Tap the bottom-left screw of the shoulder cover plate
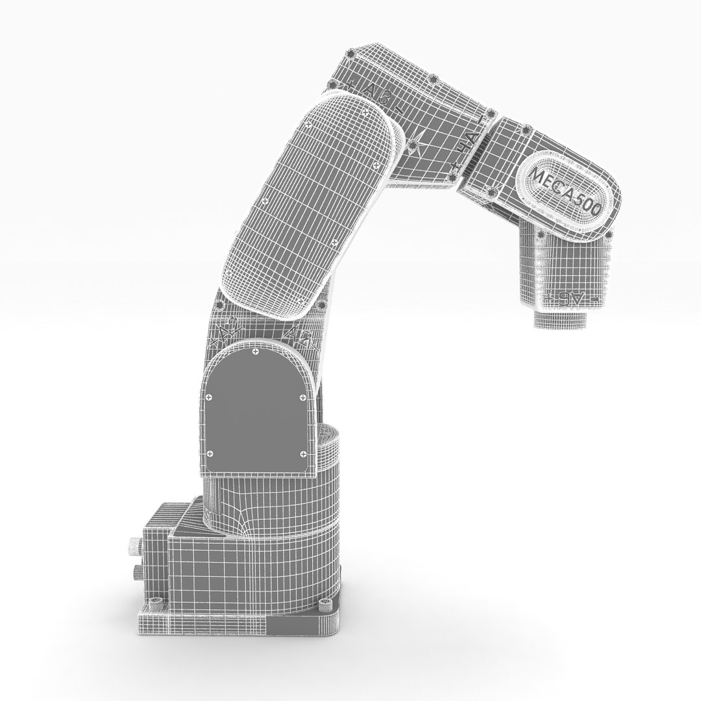coord(209,453)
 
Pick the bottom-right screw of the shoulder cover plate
coord(301,452)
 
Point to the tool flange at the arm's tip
coord(561,319)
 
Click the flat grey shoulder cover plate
coord(255,409)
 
